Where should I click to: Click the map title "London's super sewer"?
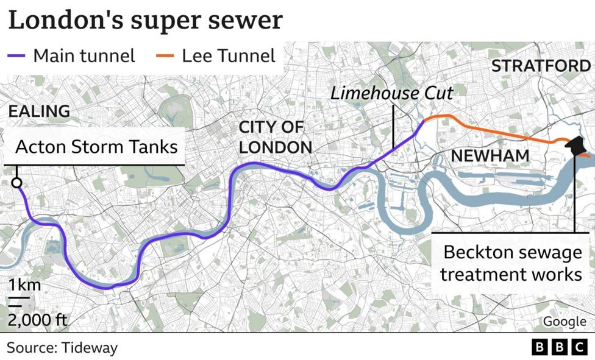146,20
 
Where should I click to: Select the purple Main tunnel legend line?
18,56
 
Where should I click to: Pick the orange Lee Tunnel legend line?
166,56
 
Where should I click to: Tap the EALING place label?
39,111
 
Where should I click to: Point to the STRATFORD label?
541,66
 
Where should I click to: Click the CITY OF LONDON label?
275,137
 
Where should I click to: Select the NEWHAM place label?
490,156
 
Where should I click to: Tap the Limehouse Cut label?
392,94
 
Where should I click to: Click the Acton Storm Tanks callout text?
96,147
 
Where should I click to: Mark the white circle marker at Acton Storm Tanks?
17,183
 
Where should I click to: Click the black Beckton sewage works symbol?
575,146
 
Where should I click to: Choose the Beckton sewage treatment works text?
511,263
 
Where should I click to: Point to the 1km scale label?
24,285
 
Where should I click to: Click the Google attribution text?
565,321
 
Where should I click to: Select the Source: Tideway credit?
62,348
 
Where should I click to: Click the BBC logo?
559,347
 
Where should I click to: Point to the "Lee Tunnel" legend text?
229,56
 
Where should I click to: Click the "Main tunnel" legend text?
84,56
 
